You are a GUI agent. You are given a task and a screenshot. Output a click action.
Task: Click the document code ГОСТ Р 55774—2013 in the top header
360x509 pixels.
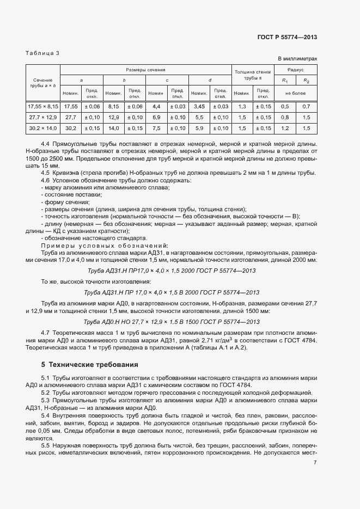tap(287, 37)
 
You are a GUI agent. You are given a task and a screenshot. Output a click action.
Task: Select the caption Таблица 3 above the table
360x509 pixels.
tap(43, 53)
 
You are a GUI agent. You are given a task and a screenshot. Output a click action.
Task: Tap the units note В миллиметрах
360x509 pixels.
tap(297, 58)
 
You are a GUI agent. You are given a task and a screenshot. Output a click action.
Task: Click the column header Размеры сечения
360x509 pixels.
tap(145, 70)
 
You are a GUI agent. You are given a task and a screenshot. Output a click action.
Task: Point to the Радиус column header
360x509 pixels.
tap(296, 70)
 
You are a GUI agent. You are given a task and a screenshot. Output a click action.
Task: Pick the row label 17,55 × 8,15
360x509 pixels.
tap(42, 106)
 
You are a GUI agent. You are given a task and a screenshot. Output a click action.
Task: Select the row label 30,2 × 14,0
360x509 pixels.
tap(42, 128)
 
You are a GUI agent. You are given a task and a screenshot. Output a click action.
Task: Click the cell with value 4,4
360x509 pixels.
tap(156, 106)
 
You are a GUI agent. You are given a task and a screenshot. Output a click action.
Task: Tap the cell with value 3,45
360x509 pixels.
tap(199, 106)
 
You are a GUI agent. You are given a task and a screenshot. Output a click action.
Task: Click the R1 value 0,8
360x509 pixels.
tap(285, 117)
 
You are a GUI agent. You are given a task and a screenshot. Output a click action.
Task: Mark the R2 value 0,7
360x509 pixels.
tap(306, 106)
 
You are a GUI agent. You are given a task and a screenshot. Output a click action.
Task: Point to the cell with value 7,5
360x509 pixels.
tap(156, 128)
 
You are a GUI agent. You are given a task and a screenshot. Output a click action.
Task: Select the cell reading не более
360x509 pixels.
tap(296, 91)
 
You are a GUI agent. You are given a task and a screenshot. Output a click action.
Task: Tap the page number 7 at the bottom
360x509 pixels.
tap(315, 493)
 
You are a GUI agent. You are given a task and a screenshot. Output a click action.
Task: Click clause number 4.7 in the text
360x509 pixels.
tap(46, 332)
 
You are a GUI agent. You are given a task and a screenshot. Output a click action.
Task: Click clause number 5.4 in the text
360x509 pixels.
tap(46, 415)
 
